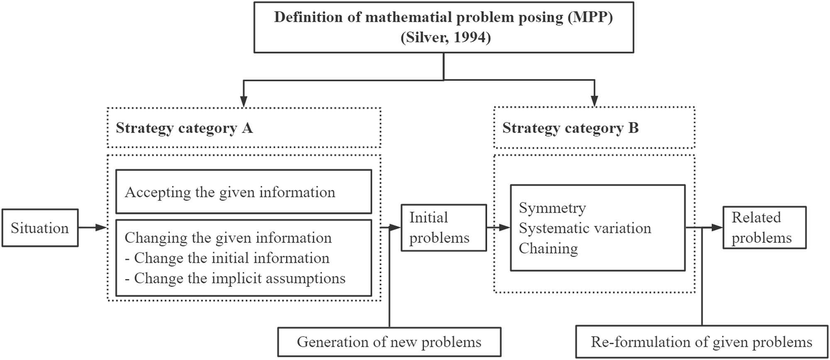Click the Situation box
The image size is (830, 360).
coord(40,228)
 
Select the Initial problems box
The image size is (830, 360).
coord(443,228)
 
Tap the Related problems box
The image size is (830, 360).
coord(764,228)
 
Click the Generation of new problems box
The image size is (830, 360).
coord(389,342)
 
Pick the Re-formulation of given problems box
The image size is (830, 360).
coord(701,342)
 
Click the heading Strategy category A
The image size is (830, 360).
coord(184,128)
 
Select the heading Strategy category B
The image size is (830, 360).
coord(570,128)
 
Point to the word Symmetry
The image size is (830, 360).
coord(552,208)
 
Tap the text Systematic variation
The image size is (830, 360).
coord(585,228)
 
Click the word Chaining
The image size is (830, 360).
coord(548,248)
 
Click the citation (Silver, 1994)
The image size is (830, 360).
coord(445,38)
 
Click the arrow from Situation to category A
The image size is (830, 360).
coord(93,228)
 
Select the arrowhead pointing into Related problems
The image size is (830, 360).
coord(718,228)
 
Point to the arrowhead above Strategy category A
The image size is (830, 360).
coord(244,101)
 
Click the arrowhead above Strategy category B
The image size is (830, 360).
coord(595,101)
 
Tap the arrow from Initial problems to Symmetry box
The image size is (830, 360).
coord(498,228)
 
